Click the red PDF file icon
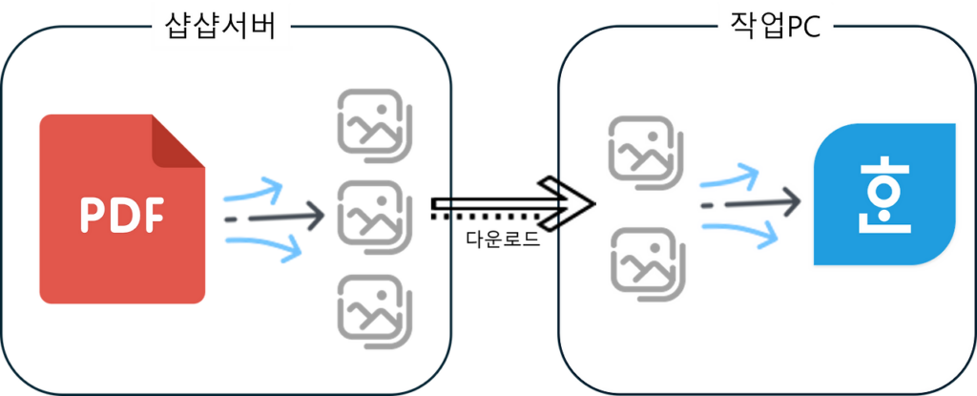pyautogui.click(x=121, y=209)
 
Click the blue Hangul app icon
pyautogui.click(x=883, y=196)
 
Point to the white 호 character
pyautogui.click(x=883, y=201)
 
